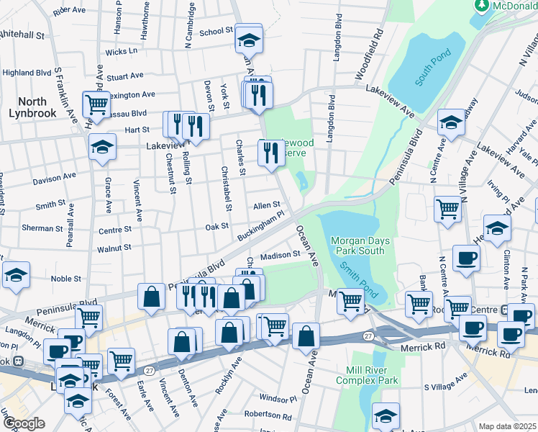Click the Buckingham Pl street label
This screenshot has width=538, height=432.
[262, 225]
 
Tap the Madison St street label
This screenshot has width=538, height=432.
[280, 255]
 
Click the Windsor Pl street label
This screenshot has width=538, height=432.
[277, 398]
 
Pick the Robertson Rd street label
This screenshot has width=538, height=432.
[268, 415]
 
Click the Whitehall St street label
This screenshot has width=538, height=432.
[22, 34]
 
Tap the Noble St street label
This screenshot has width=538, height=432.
[65, 279]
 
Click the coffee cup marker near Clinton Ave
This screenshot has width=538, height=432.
[465, 258]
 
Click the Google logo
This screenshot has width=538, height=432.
[24, 423]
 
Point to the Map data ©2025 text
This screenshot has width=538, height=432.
[507, 426]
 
